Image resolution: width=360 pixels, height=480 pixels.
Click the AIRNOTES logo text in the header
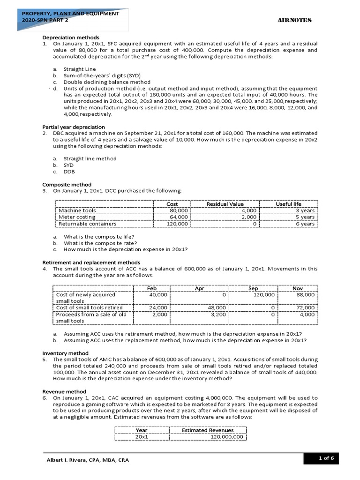[295, 20]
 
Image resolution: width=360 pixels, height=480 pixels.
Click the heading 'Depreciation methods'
[71, 37]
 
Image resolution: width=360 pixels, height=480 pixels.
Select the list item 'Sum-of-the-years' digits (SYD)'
[102, 75]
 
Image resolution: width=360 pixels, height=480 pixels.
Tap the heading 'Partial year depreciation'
[74, 127]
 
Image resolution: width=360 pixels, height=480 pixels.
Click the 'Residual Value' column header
[225, 204]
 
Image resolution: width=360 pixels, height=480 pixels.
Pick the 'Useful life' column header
[288, 204]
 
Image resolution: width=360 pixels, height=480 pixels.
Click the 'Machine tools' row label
[77, 210]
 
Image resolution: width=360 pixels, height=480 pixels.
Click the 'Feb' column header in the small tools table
[151, 288]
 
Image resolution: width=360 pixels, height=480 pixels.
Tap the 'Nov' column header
[298, 288]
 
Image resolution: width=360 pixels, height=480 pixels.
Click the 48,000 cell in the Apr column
[217, 307]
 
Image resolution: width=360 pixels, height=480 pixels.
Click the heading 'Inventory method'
[65, 353]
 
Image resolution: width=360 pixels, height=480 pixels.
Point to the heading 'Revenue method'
[64, 391]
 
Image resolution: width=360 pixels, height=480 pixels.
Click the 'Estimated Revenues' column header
[208, 430]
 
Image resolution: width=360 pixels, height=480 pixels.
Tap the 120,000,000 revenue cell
[227, 436]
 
